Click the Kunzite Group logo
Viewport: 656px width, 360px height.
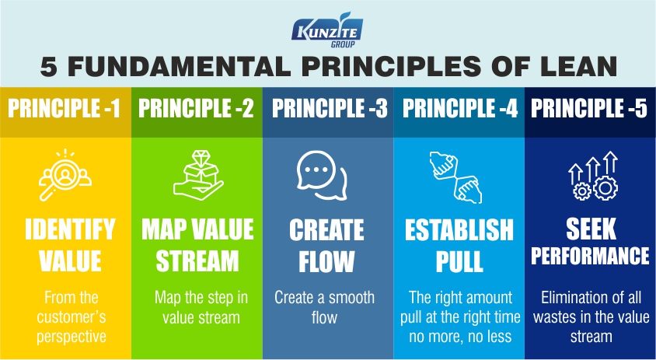click(x=327, y=30)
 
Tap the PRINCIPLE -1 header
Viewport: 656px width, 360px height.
click(x=65, y=108)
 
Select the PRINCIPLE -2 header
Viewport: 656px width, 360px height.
click(x=196, y=108)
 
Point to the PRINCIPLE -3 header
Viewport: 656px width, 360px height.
click(x=330, y=108)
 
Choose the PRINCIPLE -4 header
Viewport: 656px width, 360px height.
click(x=460, y=108)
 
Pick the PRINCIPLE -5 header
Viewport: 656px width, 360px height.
click(x=589, y=108)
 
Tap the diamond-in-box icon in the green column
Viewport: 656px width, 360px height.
click(x=198, y=175)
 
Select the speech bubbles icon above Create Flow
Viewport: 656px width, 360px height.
click(x=321, y=175)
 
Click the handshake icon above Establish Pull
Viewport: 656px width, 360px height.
click(x=455, y=177)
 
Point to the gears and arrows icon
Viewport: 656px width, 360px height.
click(x=592, y=175)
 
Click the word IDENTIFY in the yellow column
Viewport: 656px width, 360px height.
click(x=70, y=229)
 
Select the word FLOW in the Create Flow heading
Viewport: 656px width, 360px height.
click(x=326, y=261)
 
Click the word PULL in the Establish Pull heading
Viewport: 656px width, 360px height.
click(x=459, y=261)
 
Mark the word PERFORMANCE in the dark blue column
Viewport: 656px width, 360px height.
click(x=590, y=255)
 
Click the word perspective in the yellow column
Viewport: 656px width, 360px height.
click(x=71, y=337)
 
